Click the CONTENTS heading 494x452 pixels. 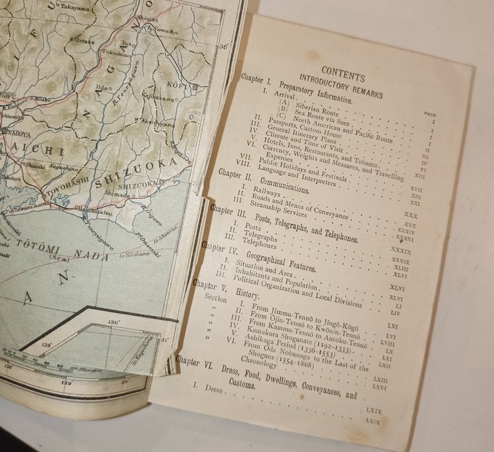[343, 73]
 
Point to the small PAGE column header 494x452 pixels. [430, 113]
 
